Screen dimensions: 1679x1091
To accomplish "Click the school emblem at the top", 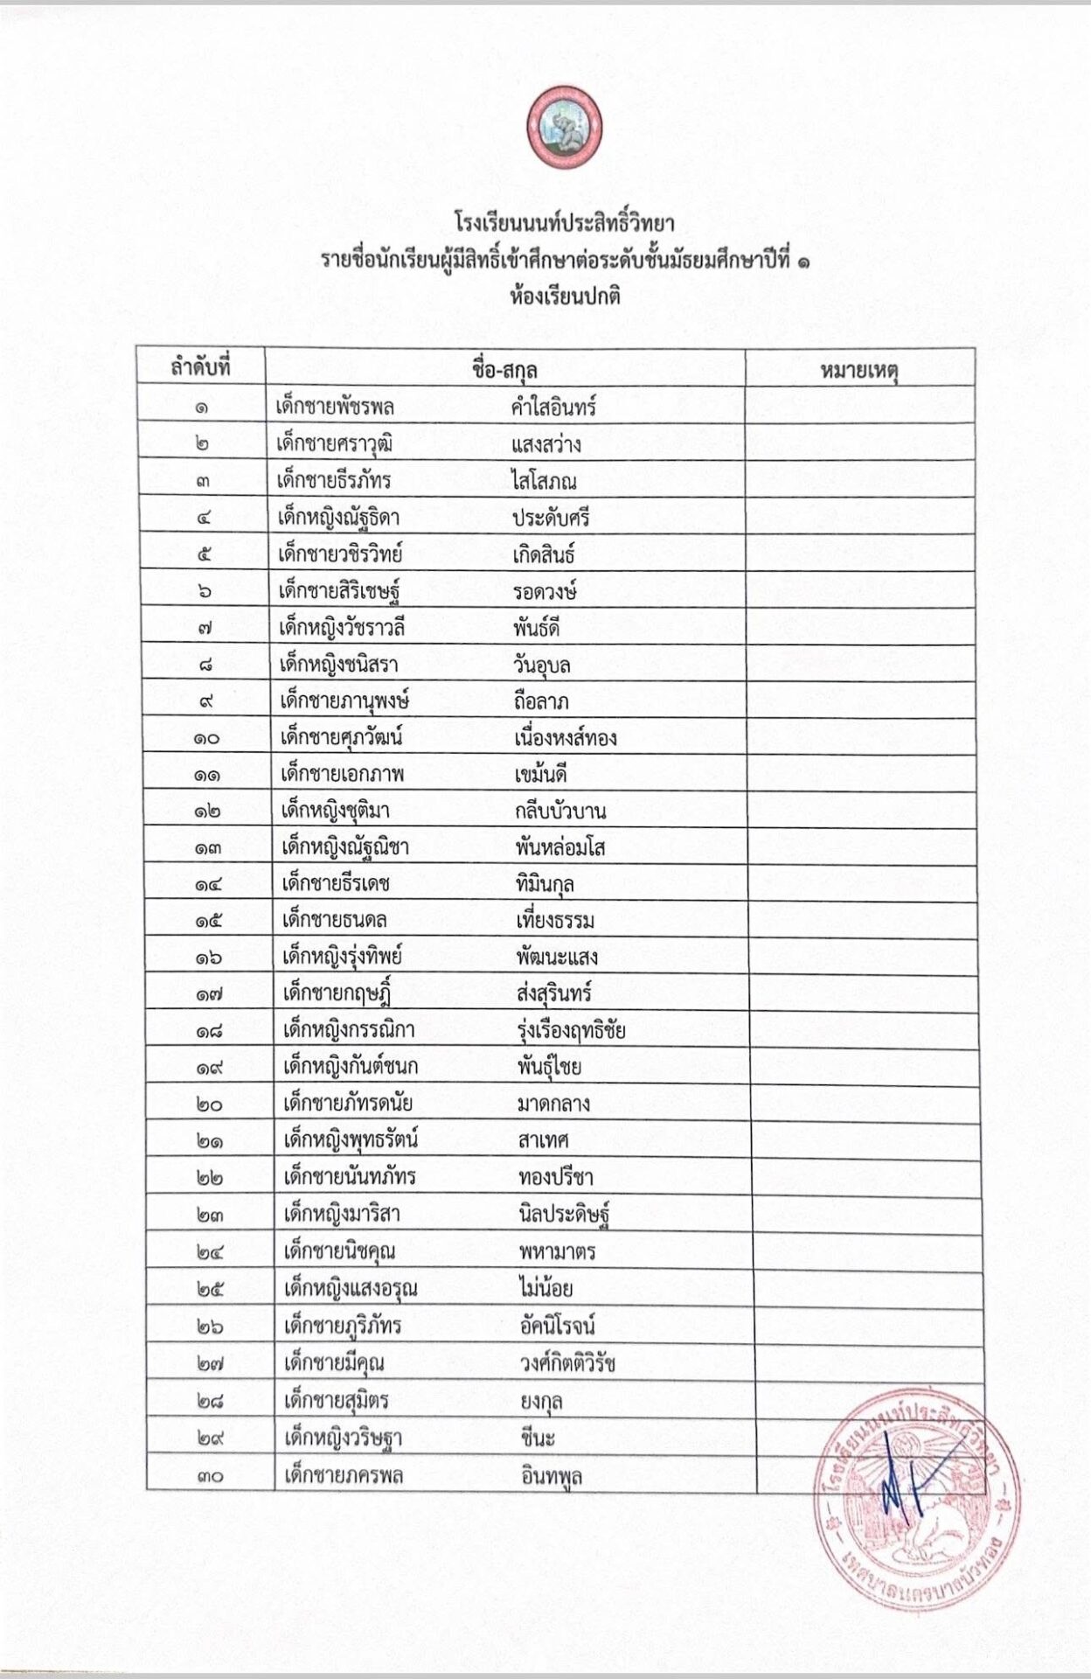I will [x=564, y=128].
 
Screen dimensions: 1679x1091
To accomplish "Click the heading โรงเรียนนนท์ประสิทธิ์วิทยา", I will [x=564, y=223].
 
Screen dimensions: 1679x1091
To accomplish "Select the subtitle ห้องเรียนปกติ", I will [x=565, y=296].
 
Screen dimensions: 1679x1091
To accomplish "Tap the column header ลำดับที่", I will [x=200, y=367].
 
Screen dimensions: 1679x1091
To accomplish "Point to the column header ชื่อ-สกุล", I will [x=504, y=369].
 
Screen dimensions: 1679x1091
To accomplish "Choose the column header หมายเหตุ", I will [x=859, y=370].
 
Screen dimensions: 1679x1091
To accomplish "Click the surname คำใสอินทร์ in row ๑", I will [x=553, y=408].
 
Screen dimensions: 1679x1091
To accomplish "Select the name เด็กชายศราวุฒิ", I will [x=334, y=444].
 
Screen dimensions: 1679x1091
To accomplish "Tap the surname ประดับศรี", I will [x=551, y=518].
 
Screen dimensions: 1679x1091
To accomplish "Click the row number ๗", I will [x=205, y=628].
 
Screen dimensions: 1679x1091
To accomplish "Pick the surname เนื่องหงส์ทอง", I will [x=565, y=738].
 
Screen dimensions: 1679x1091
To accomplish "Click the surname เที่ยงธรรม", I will [x=555, y=921].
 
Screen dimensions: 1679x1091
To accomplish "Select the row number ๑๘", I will [x=208, y=1031].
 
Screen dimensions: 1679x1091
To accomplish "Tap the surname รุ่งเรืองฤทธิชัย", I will [x=571, y=1031].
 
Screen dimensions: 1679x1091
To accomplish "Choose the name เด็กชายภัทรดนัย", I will [x=348, y=1104].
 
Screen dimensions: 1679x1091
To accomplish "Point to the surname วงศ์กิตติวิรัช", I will [x=567, y=1362].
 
